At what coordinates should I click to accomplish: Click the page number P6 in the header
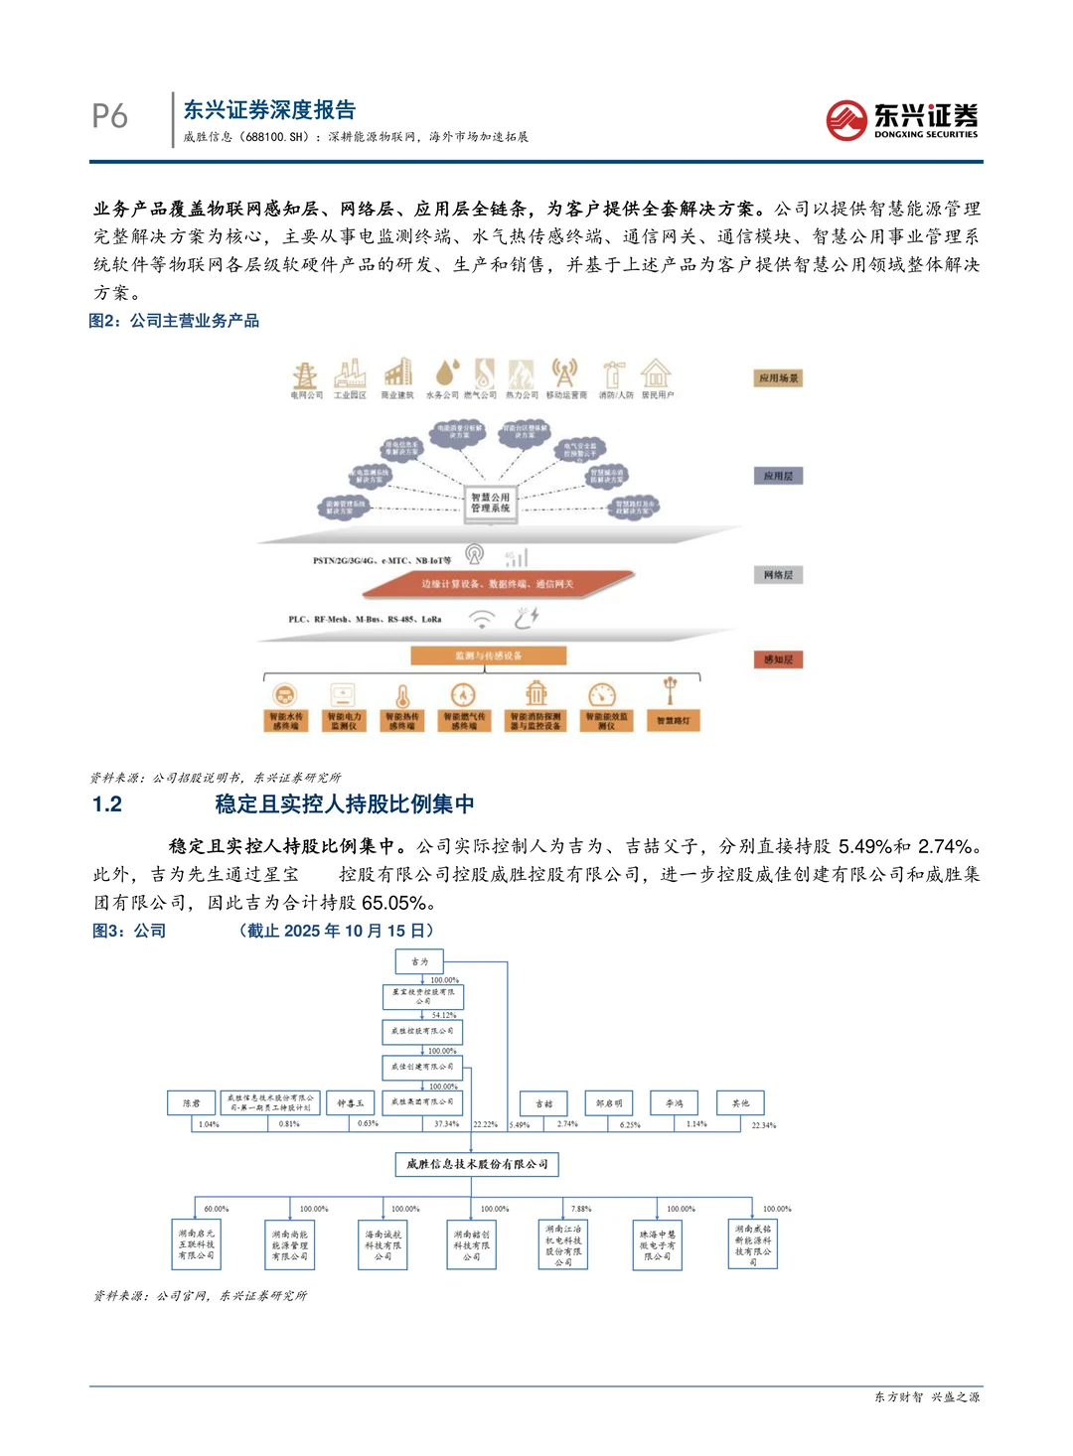[109, 116]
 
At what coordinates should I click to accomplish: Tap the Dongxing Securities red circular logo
[846, 120]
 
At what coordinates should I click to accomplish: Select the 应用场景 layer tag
[778, 378]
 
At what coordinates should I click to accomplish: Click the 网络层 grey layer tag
[778, 575]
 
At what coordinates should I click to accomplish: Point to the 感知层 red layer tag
[778, 659]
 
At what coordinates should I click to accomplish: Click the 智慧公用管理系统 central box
[490, 503]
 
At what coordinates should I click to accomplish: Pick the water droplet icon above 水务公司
[446, 373]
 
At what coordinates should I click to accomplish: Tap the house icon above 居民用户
[656, 373]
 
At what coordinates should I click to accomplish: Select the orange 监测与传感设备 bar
[489, 655]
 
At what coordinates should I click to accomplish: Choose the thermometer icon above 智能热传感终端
[402, 695]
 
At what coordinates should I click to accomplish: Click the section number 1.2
[107, 804]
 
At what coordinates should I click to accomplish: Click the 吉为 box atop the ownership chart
[419, 961]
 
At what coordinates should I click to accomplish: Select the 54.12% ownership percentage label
[443, 1015]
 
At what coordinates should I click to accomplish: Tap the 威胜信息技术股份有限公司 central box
[477, 1164]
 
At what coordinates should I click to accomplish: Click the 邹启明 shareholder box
[609, 1103]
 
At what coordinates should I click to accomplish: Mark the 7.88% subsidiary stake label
[581, 1209]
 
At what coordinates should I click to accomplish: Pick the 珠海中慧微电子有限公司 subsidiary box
[657, 1245]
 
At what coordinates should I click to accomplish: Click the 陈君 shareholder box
[192, 1103]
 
